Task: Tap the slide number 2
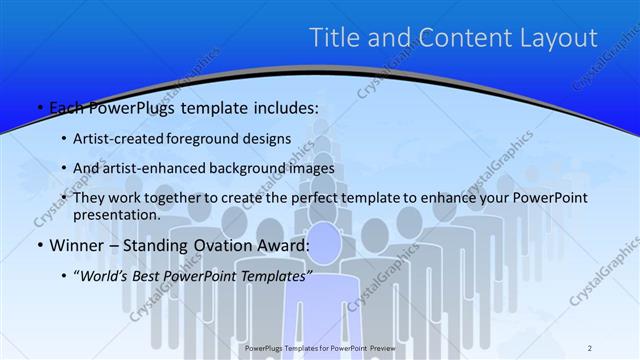click(x=591, y=348)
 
